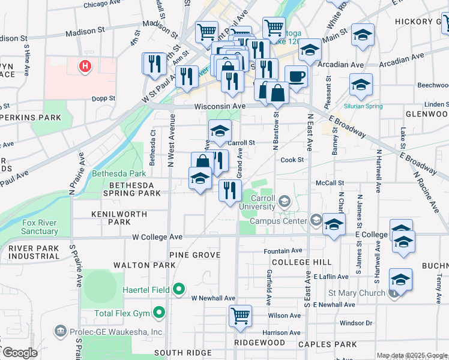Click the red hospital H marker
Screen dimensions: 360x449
click(x=86, y=65)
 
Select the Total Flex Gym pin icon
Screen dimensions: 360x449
click(x=159, y=313)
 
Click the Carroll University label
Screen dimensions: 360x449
click(x=257, y=202)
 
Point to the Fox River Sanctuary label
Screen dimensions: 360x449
click(x=40, y=227)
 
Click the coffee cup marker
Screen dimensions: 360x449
click(x=295, y=77)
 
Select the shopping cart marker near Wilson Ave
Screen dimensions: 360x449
click(x=241, y=315)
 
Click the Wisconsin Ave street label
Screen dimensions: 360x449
click(x=220, y=106)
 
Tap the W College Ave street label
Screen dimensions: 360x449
click(x=157, y=237)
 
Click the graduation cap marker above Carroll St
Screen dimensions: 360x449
click(x=220, y=131)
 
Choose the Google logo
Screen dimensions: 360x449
click(x=20, y=353)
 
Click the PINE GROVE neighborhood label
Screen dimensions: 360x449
click(x=194, y=255)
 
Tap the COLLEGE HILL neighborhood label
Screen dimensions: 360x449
click(x=301, y=263)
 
